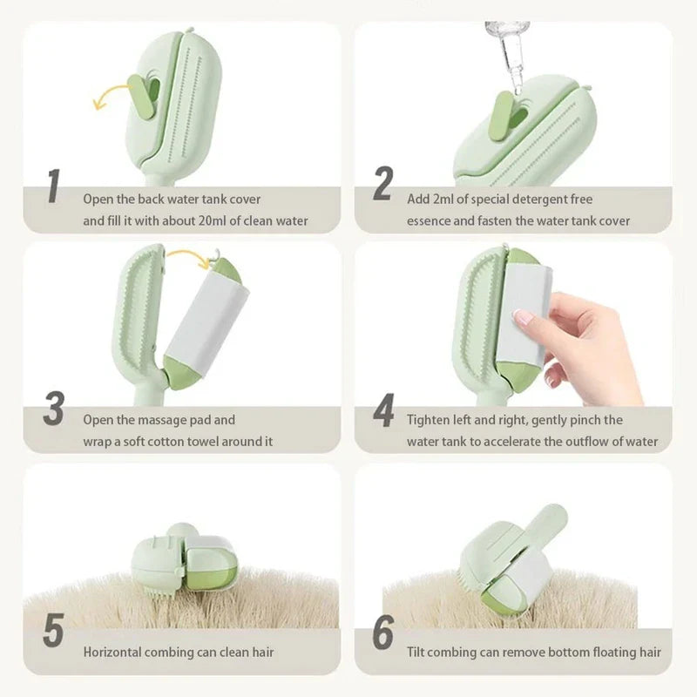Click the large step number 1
click(54, 186)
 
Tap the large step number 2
click(382, 183)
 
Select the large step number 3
click(54, 409)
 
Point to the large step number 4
click(383, 410)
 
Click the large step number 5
click(54, 629)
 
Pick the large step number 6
click(383, 633)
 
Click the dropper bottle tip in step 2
click(517, 90)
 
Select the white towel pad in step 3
click(208, 317)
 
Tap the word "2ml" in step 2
click(443, 200)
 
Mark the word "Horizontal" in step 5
click(112, 652)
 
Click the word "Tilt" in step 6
click(416, 652)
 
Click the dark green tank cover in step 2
click(503, 115)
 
